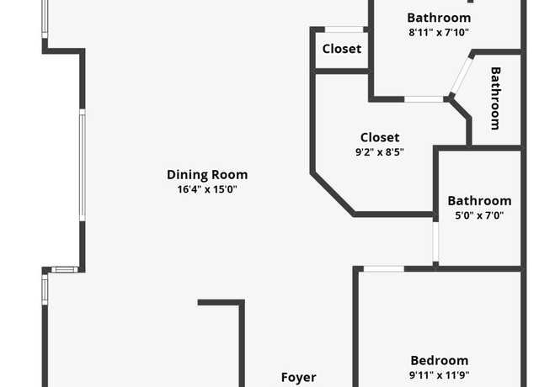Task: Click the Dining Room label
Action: [x=207, y=174]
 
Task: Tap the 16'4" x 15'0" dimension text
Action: [x=207, y=189]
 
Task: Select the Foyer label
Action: [x=299, y=378]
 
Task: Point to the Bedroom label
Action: [x=440, y=361]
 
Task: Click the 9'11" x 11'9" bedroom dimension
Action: [x=440, y=375]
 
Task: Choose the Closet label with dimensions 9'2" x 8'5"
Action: [x=380, y=137]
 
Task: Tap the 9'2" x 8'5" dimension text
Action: [x=380, y=151]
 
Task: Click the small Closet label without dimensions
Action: [x=342, y=49]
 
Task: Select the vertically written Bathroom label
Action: [x=495, y=98]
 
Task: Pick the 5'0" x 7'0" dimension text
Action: [x=479, y=215]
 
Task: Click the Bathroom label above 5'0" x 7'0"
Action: [x=479, y=201]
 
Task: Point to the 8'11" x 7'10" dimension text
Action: [x=439, y=32]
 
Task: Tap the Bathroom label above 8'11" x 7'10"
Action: [x=439, y=18]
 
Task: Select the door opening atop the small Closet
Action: [x=344, y=29]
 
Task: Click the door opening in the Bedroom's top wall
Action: [x=384, y=268]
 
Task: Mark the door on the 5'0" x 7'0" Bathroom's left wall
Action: [x=435, y=241]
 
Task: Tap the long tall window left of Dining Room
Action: [x=83, y=165]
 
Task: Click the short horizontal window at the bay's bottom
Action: [x=65, y=269]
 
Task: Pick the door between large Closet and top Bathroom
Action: [x=424, y=99]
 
